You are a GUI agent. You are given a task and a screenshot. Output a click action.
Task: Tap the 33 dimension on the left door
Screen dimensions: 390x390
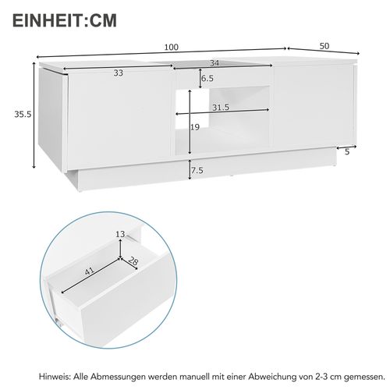coord(119,73)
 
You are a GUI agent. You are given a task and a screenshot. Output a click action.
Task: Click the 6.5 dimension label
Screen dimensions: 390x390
coord(207,79)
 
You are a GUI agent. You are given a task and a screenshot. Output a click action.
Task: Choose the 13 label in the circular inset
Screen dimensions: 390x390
coord(119,234)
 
